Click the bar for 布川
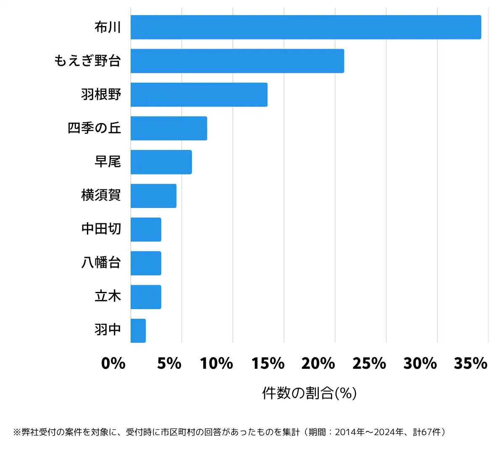[x=306, y=27]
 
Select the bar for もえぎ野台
[x=237, y=61]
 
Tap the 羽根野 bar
[x=199, y=95]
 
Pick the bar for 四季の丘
[x=169, y=128]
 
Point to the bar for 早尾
[x=161, y=162]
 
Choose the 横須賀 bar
[x=153, y=196]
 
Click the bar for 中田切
[x=146, y=229]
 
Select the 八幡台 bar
[x=146, y=263]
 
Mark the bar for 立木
[x=146, y=297]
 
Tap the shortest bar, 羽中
[x=138, y=331]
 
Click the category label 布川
[x=108, y=27]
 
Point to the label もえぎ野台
[x=87, y=61]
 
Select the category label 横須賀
[x=101, y=195]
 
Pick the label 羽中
[x=108, y=330]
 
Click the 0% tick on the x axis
[x=113, y=363]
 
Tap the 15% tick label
[x=268, y=363]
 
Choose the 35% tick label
[x=470, y=363]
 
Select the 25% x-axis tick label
[x=369, y=363]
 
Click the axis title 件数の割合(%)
[x=310, y=393]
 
